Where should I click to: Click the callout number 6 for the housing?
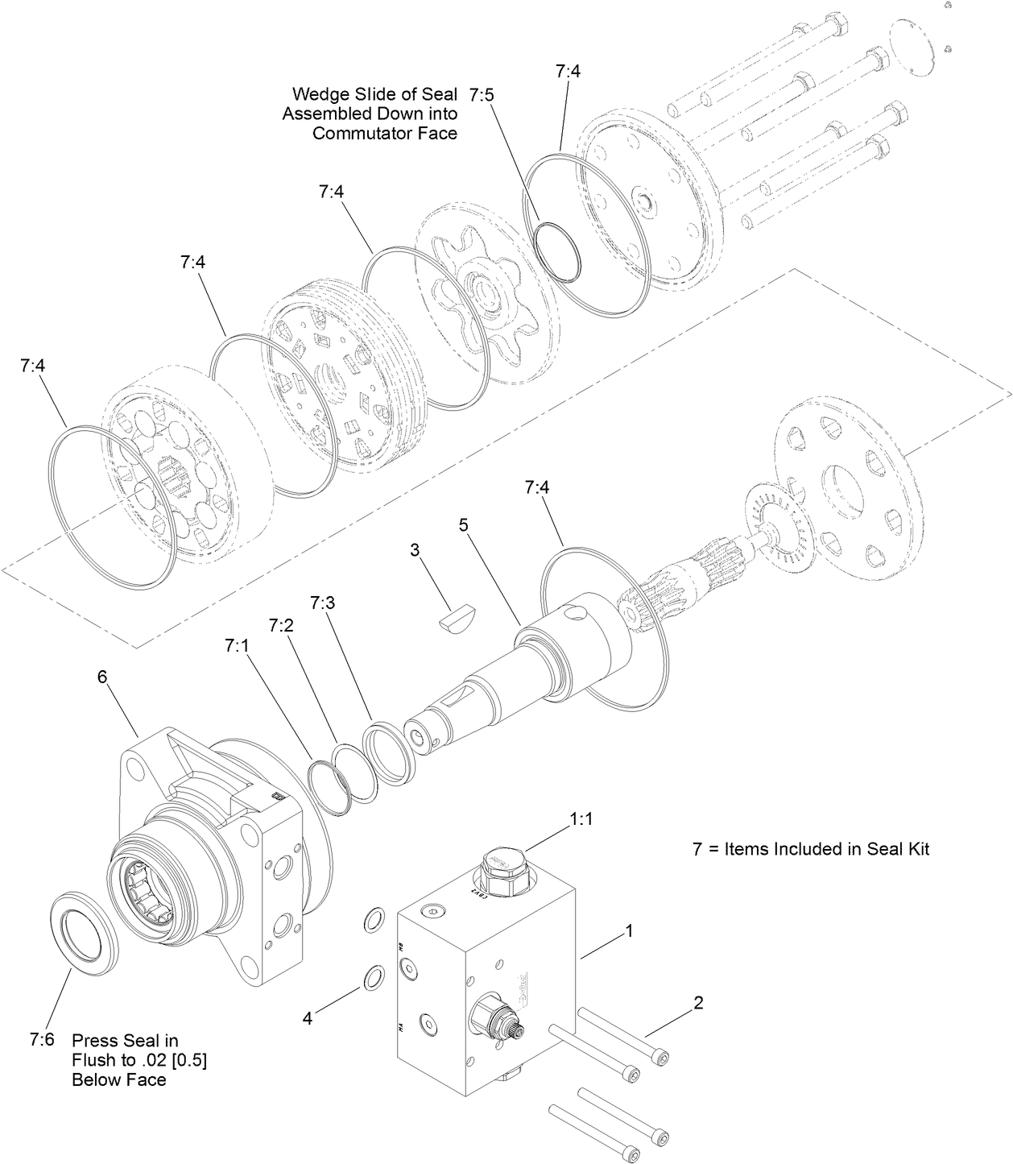[x=102, y=677]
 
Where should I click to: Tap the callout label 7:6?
[x=41, y=1040]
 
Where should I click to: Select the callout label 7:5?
[x=482, y=95]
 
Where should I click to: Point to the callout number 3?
[x=415, y=550]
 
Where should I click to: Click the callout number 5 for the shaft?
[x=463, y=524]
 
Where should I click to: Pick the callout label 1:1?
[x=581, y=818]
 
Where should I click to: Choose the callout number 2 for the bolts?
[x=698, y=1002]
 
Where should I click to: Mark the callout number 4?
[x=307, y=1018]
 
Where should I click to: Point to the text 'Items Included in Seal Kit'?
[x=827, y=848]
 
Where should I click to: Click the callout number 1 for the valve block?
[x=629, y=930]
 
